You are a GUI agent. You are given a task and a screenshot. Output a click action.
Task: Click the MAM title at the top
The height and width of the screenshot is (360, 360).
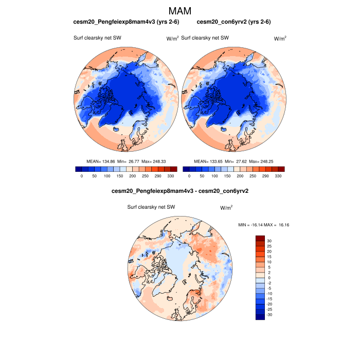point(179,11)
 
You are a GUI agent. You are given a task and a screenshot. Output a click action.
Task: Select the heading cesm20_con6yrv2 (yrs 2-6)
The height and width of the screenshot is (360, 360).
point(234,22)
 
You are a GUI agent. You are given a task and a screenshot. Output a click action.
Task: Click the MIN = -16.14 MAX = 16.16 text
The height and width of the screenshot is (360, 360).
point(264,225)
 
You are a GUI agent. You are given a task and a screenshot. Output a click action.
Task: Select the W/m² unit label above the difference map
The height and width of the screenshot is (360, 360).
point(226,208)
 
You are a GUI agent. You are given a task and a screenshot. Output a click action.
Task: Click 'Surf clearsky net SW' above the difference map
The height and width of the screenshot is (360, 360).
point(152,207)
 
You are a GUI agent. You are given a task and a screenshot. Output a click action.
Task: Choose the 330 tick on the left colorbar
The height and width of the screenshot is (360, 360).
point(170,176)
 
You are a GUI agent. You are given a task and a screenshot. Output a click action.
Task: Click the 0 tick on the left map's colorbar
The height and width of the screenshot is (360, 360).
point(82,176)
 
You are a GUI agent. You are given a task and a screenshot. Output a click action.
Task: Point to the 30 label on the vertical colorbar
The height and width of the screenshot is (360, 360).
point(269,241)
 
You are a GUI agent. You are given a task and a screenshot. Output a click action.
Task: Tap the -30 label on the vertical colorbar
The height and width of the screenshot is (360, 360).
point(270,315)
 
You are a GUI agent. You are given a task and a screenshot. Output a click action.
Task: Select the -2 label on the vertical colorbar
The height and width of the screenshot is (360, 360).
point(269,283)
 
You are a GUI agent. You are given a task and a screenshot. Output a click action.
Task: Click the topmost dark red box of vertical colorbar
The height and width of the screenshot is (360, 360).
point(260,238)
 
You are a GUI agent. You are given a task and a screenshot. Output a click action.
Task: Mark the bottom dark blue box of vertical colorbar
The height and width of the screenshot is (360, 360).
point(260,317)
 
